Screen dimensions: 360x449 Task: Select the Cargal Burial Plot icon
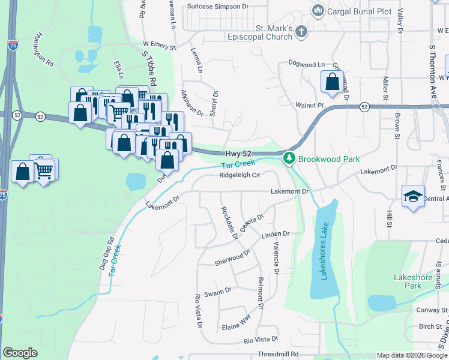point(318,10)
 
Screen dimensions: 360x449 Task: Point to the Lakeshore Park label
point(412,281)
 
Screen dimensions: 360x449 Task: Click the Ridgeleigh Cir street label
point(240,175)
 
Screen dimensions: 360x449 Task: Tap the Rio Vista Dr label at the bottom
point(261,340)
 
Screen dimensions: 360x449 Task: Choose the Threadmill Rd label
point(278,354)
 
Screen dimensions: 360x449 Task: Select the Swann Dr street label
point(217,292)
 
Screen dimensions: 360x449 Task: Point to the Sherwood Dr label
point(232,259)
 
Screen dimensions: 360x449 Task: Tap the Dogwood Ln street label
point(306,64)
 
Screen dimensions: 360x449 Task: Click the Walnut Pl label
point(310,105)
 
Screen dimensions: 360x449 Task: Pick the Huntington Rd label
point(45,49)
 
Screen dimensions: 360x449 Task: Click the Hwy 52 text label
point(238,154)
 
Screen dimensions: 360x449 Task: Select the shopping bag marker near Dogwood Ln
point(332,82)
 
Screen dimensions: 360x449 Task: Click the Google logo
point(20,353)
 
